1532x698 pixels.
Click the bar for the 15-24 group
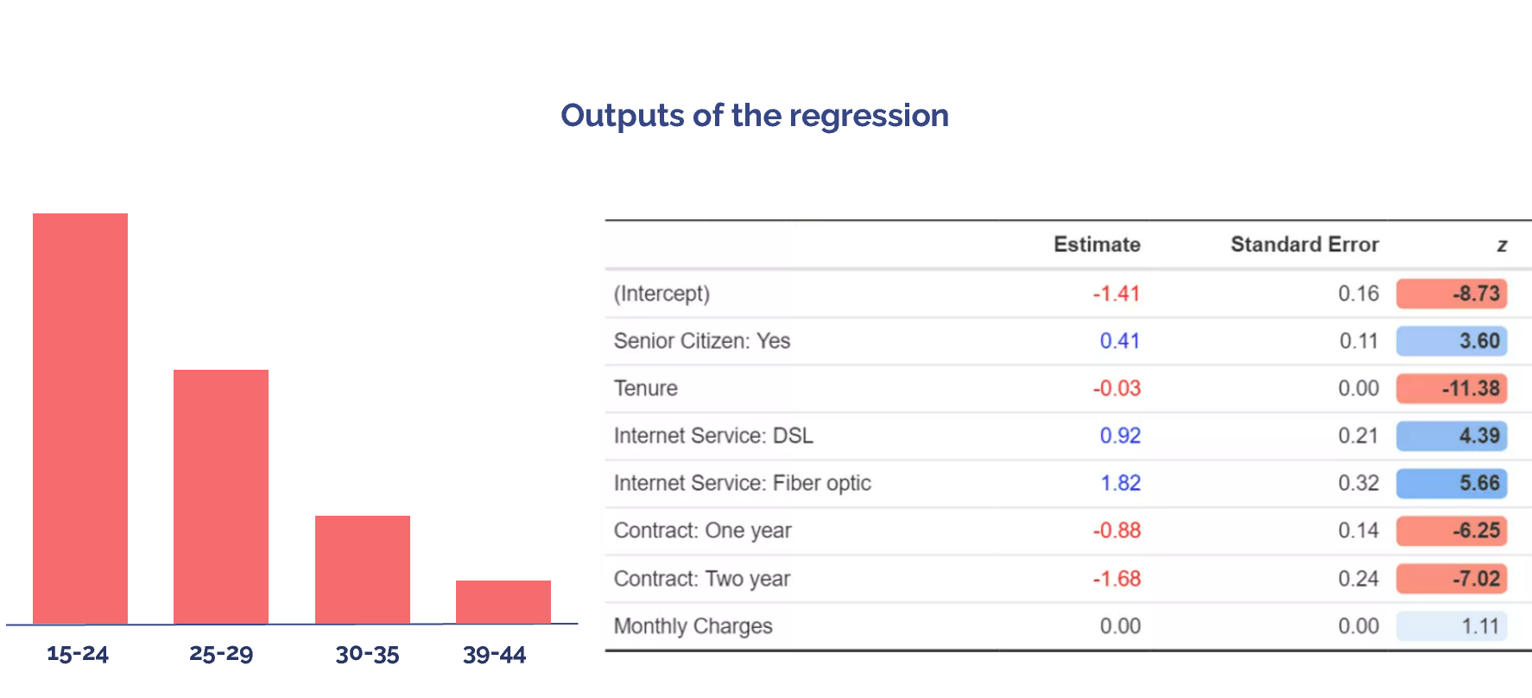(x=80, y=418)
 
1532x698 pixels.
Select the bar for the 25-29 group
(x=221, y=496)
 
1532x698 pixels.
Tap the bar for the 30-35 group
(x=363, y=569)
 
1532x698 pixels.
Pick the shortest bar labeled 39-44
(x=503, y=601)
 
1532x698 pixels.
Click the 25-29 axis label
(x=221, y=654)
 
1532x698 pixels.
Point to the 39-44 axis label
(x=494, y=655)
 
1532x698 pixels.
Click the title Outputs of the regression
(x=755, y=116)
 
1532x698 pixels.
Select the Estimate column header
(x=1097, y=244)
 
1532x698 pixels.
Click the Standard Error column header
(x=1304, y=244)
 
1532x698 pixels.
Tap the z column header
(x=1502, y=245)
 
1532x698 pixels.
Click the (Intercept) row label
(x=662, y=294)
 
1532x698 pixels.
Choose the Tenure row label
(x=645, y=389)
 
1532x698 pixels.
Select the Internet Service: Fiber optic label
(x=742, y=483)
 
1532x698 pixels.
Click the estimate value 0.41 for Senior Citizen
(x=1119, y=341)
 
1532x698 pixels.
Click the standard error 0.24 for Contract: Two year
(x=1358, y=579)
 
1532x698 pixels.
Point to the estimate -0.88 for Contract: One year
(x=1117, y=530)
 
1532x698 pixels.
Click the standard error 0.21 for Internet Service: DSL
(x=1358, y=435)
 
